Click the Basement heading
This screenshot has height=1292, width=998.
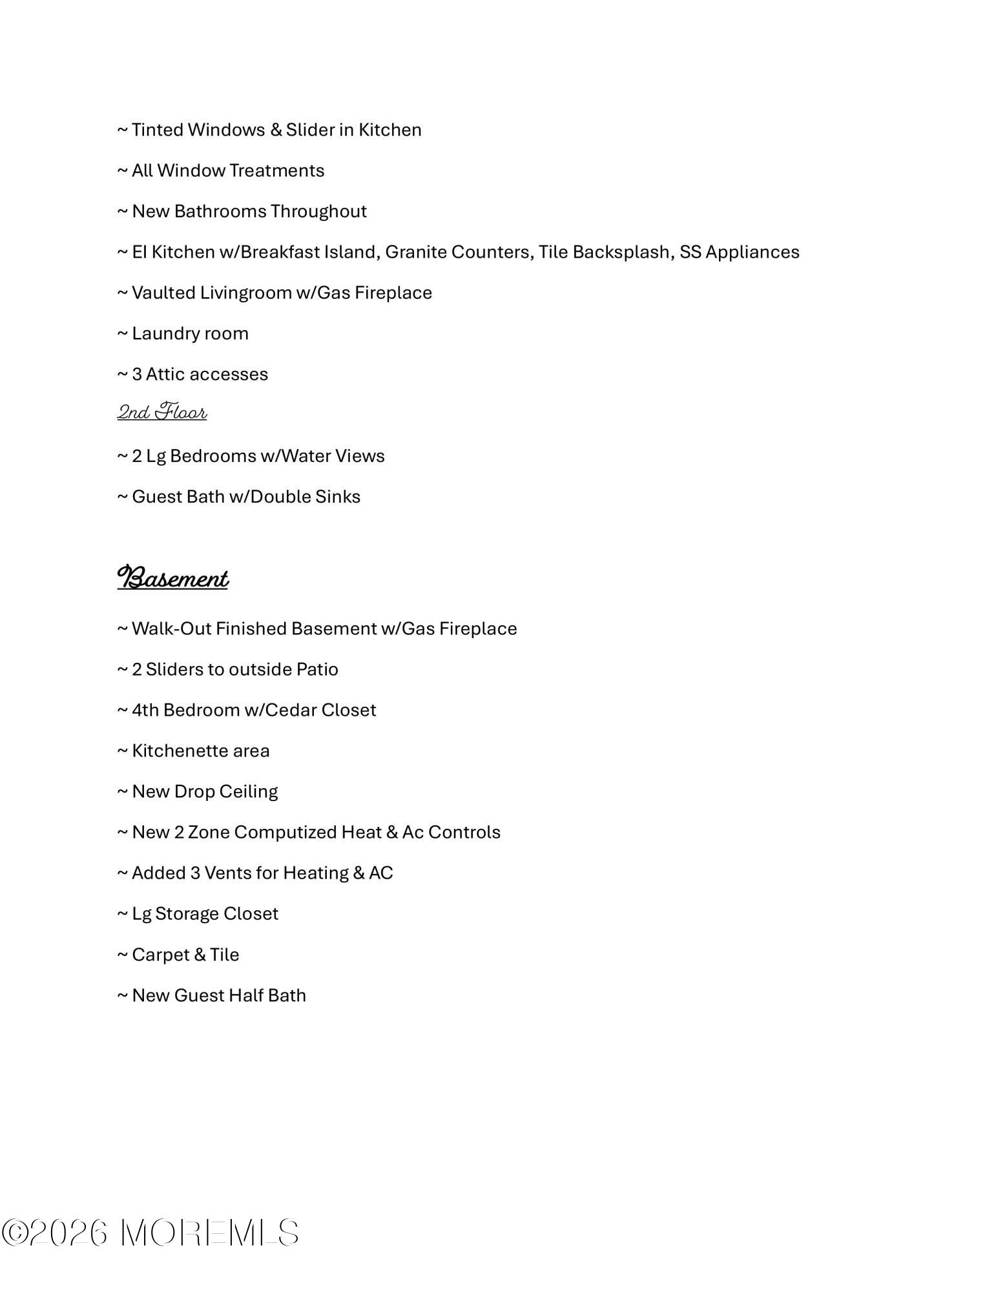click(x=172, y=578)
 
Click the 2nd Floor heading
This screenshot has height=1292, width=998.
click(x=161, y=412)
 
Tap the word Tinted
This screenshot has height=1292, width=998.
click(x=158, y=130)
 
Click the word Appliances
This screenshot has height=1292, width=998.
click(x=752, y=252)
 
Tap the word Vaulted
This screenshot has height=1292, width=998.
click(x=163, y=293)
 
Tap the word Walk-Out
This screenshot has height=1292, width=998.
click(x=171, y=629)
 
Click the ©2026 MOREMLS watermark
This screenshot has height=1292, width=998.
click(x=150, y=1233)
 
